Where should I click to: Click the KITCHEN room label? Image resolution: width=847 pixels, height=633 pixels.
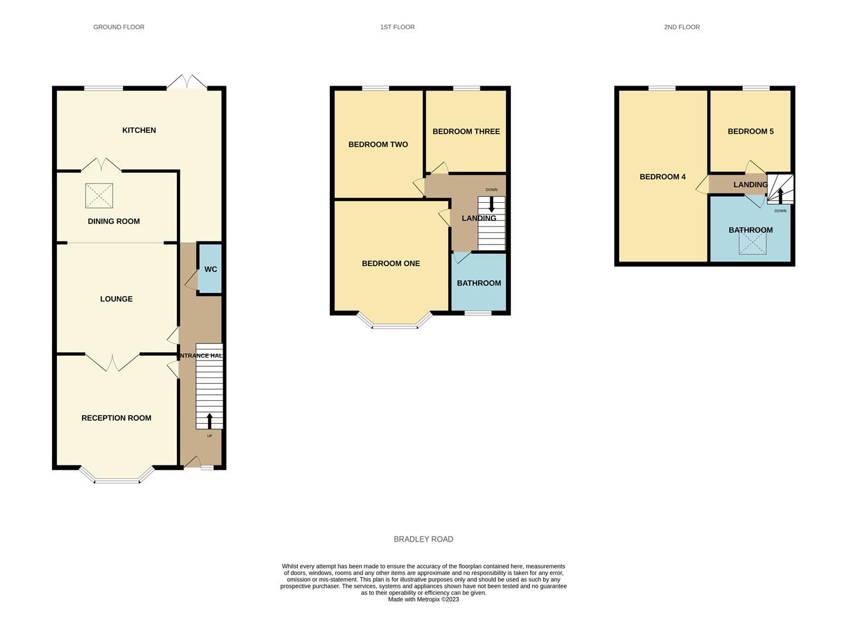point(139,130)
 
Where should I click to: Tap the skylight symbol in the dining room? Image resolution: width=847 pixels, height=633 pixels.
point(99,196)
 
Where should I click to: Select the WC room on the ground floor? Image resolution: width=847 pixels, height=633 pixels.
point(210,269)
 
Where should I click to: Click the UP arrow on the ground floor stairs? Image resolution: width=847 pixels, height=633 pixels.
point(209,420)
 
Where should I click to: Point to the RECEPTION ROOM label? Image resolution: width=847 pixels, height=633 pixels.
point(116,418)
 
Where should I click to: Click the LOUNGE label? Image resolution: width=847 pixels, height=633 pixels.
point(116,299)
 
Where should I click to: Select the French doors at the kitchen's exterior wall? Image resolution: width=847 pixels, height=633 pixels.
point(187,83)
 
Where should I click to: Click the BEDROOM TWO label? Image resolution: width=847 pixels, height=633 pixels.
point(378,144)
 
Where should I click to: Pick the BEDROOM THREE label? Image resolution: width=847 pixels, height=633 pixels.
point(466,131)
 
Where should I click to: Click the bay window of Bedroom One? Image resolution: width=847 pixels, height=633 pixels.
point(395,324)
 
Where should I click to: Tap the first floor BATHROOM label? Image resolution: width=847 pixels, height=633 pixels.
point(479,283)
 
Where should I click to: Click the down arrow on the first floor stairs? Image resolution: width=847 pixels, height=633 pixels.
point(491,205)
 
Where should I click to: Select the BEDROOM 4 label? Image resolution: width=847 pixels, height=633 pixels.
point(662,176)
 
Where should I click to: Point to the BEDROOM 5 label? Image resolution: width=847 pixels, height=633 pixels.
point(750,131)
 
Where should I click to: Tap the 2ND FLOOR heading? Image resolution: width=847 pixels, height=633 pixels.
point(682,27)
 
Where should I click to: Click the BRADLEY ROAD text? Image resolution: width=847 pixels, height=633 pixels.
point(423,539)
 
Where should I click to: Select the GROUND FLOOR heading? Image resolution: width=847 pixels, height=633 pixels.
point(119,27)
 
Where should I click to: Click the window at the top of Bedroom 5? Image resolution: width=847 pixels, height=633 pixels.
point(756,89)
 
